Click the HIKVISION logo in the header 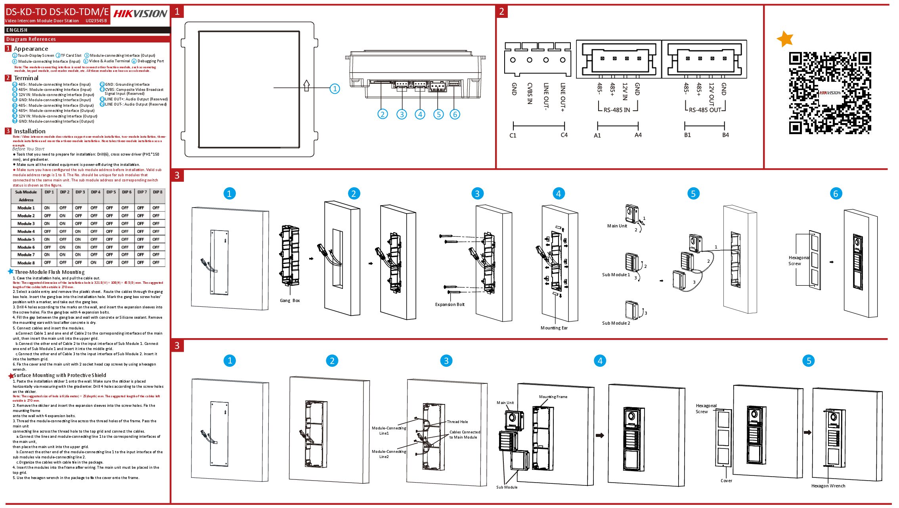[x=140, y=14]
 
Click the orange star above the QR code [x=785, y=38]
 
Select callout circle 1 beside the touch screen [x=335, y=89]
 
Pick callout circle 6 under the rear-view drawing [x=455, y=114]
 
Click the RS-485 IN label [x=617, y=110]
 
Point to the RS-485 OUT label [x=705, y=110]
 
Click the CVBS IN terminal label [x=530, y=93]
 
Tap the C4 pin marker [x=564, y=135]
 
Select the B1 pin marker [x=687, y=135]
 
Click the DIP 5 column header [x=111, y=192]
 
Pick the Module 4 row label [x=26, y=231]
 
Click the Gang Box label [x=290, y=300]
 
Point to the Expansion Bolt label [x=449, y=304]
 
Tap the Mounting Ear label [x=554, y=328]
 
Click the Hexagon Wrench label [x=828, y=486]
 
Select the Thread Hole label [x=457, y=422]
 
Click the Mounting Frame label [x=553, y=397]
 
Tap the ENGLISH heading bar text [x=17, y=30]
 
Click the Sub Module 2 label [x=616, y=323]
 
